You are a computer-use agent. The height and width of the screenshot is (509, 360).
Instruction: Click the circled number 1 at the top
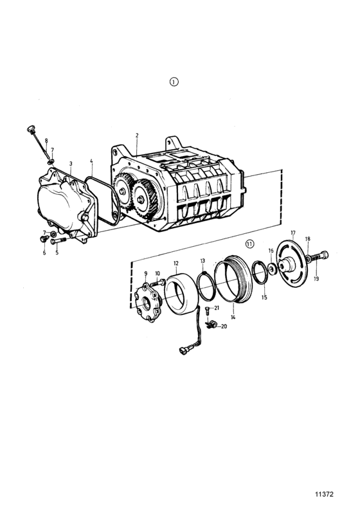point(174,82)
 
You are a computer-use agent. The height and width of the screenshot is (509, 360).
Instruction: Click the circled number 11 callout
point(249,244)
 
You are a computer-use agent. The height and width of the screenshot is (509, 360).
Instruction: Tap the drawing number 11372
point(324,494)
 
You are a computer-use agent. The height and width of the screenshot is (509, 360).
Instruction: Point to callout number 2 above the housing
point(137,135)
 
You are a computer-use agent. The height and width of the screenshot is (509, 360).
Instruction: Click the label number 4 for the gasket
point(91,161)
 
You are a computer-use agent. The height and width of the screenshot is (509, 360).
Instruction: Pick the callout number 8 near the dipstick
point(46,141)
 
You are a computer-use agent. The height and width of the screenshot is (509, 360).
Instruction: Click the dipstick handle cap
point(30,129)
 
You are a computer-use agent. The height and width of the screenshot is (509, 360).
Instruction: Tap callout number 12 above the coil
point(176,263)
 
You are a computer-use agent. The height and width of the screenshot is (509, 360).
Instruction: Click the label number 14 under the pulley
point(233,317)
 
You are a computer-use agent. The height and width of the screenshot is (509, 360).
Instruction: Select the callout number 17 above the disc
point(293,233)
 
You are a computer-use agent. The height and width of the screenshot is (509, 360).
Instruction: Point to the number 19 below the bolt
point(316,278)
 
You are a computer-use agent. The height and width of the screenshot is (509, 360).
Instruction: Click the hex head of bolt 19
point(324,255)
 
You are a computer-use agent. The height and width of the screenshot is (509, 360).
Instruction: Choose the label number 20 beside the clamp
point(224,326)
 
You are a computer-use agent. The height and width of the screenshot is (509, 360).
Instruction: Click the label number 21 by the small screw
point(217,308)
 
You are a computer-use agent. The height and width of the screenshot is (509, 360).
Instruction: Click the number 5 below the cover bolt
point(57,253)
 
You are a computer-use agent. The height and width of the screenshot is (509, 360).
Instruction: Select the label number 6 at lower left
point(44,253)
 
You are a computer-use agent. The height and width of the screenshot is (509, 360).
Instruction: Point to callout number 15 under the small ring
point(264,298)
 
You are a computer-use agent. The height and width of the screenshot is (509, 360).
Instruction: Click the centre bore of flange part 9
point(147,305)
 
